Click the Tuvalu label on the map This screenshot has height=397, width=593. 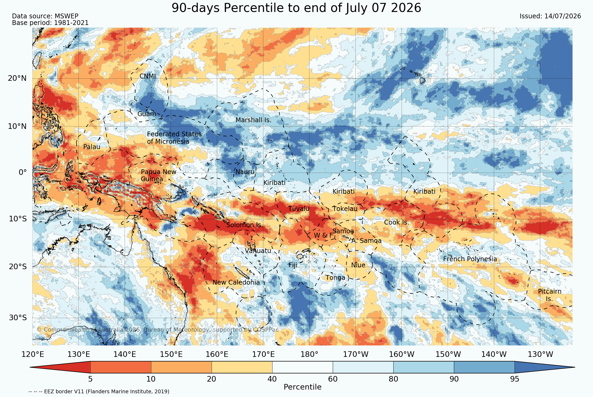(299, 209)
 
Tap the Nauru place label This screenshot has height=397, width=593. (245, 172)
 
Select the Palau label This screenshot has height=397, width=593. (92, 147)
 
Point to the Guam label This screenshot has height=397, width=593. (147, 114)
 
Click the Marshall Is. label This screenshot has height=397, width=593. (253, 120)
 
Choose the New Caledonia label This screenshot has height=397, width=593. (236, 282)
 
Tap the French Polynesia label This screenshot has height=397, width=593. (470, 259)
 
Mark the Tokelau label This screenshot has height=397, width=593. (345, 209)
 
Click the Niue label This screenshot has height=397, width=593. (358, 265)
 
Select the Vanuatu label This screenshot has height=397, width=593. (258, 251)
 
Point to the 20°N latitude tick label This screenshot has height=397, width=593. (17, 78)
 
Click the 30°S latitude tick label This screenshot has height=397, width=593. (18, 318)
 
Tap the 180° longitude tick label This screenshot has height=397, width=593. (309, 354)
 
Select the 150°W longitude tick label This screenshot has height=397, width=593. (448, 354)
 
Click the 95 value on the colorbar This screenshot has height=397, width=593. (515, 379)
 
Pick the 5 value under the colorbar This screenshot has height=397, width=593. (90, 379)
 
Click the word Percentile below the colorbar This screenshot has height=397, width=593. (302, 387)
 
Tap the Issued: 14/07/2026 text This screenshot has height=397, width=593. (550, 16)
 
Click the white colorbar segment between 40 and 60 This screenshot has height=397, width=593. (302, 367)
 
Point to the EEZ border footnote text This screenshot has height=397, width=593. (99, 391)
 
